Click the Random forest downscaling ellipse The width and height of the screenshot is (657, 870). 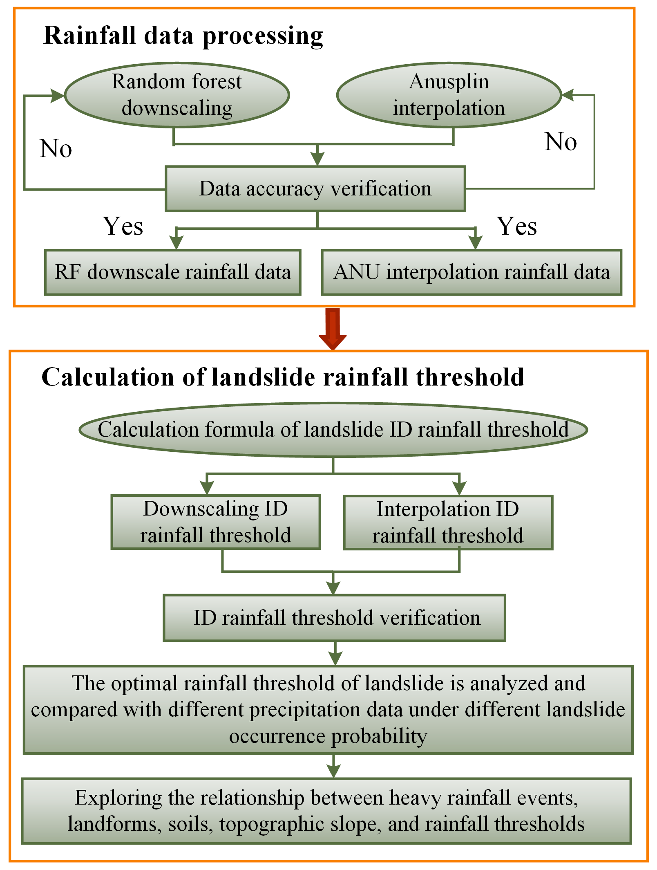(177, 95)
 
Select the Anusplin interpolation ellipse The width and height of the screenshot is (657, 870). (449, 95)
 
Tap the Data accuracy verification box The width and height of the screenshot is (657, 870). (315, 189)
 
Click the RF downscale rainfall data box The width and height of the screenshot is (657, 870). (172, 272)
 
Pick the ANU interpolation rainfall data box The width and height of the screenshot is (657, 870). (472, 272)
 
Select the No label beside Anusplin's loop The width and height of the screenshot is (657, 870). (561, 141)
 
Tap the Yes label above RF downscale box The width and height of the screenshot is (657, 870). (123, 226)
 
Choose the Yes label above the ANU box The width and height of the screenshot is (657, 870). (516, 226)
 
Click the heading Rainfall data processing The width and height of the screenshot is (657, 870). (183, 36)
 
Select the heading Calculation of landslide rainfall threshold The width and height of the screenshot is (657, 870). (283, 377)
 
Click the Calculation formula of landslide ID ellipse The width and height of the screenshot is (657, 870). (333, 430)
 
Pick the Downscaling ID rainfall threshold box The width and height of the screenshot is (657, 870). (215, 522)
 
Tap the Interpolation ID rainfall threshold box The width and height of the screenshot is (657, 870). (448, 522)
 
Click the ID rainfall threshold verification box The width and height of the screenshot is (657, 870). (334, 618)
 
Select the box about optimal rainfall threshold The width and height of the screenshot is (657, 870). (328, 710)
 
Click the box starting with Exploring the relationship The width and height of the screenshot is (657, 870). (326, 811)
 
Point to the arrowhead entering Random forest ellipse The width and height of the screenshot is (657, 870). (58, 96)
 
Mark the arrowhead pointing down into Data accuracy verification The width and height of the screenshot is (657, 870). (317, 159)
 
